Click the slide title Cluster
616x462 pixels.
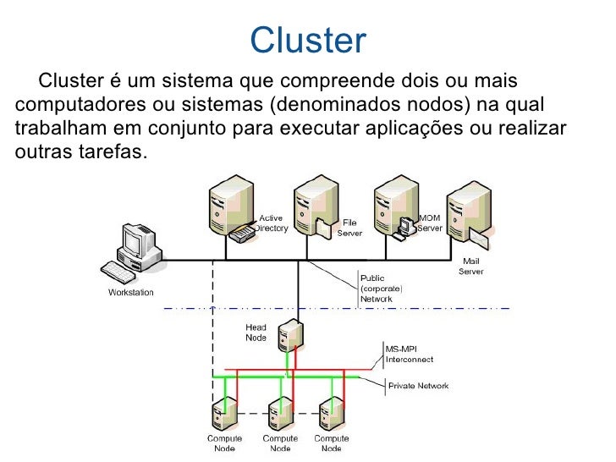pyautogui.click(x=308, y=40)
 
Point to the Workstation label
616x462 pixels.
pyautogui.click(x=131, y=293)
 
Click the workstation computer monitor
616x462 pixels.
pyautogui.click(x=135, y=242)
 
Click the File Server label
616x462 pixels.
pyautogui.click(x=350, y=228)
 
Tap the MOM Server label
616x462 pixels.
pyautogui.click(x=430, y=223)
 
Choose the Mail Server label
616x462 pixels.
pyautogui.click(x=471, y=267)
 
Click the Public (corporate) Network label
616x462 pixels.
pyautogui.click(x=382, y=288)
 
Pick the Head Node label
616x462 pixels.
pyautogui.click(x=256, y=333)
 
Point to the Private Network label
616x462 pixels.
pyautogui.click(x=418, y=386)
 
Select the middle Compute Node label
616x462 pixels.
pyautogui.click(x=279, y=443)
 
